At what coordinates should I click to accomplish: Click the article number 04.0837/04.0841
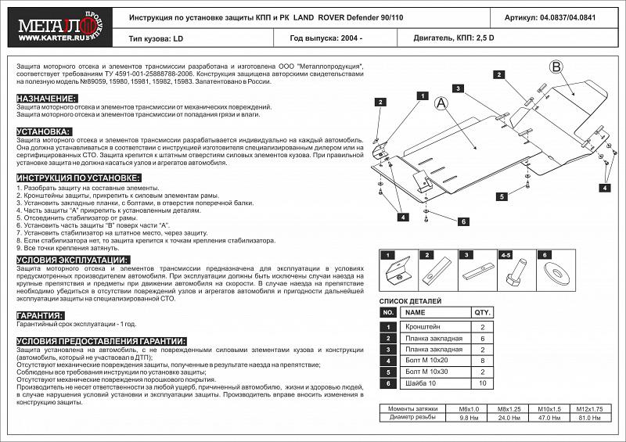pos(567,16)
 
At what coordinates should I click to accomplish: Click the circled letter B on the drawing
pos(556,68)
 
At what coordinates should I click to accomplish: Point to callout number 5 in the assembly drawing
pos(502,196)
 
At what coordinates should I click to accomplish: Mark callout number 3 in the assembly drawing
pos(453,87)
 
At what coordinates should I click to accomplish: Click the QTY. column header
pos(483,311)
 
